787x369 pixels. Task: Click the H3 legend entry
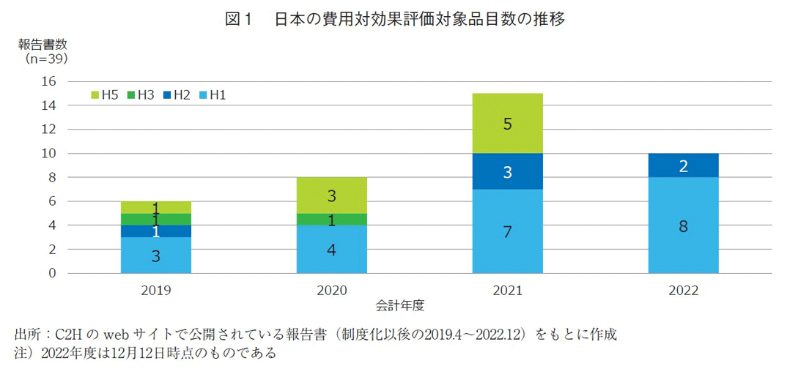coord(139,94)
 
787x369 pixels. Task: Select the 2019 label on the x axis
coord(156,290)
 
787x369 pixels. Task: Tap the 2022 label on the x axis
coord(683,290)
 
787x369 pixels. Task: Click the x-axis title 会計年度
coord(401,303)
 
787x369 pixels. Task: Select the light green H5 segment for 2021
coord(508,124)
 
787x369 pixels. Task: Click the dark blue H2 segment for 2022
coord(683,165)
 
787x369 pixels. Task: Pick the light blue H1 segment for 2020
coord(332,249)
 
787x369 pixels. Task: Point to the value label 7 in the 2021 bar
coord(508,232)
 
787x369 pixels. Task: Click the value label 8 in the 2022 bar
coord(683,226)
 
